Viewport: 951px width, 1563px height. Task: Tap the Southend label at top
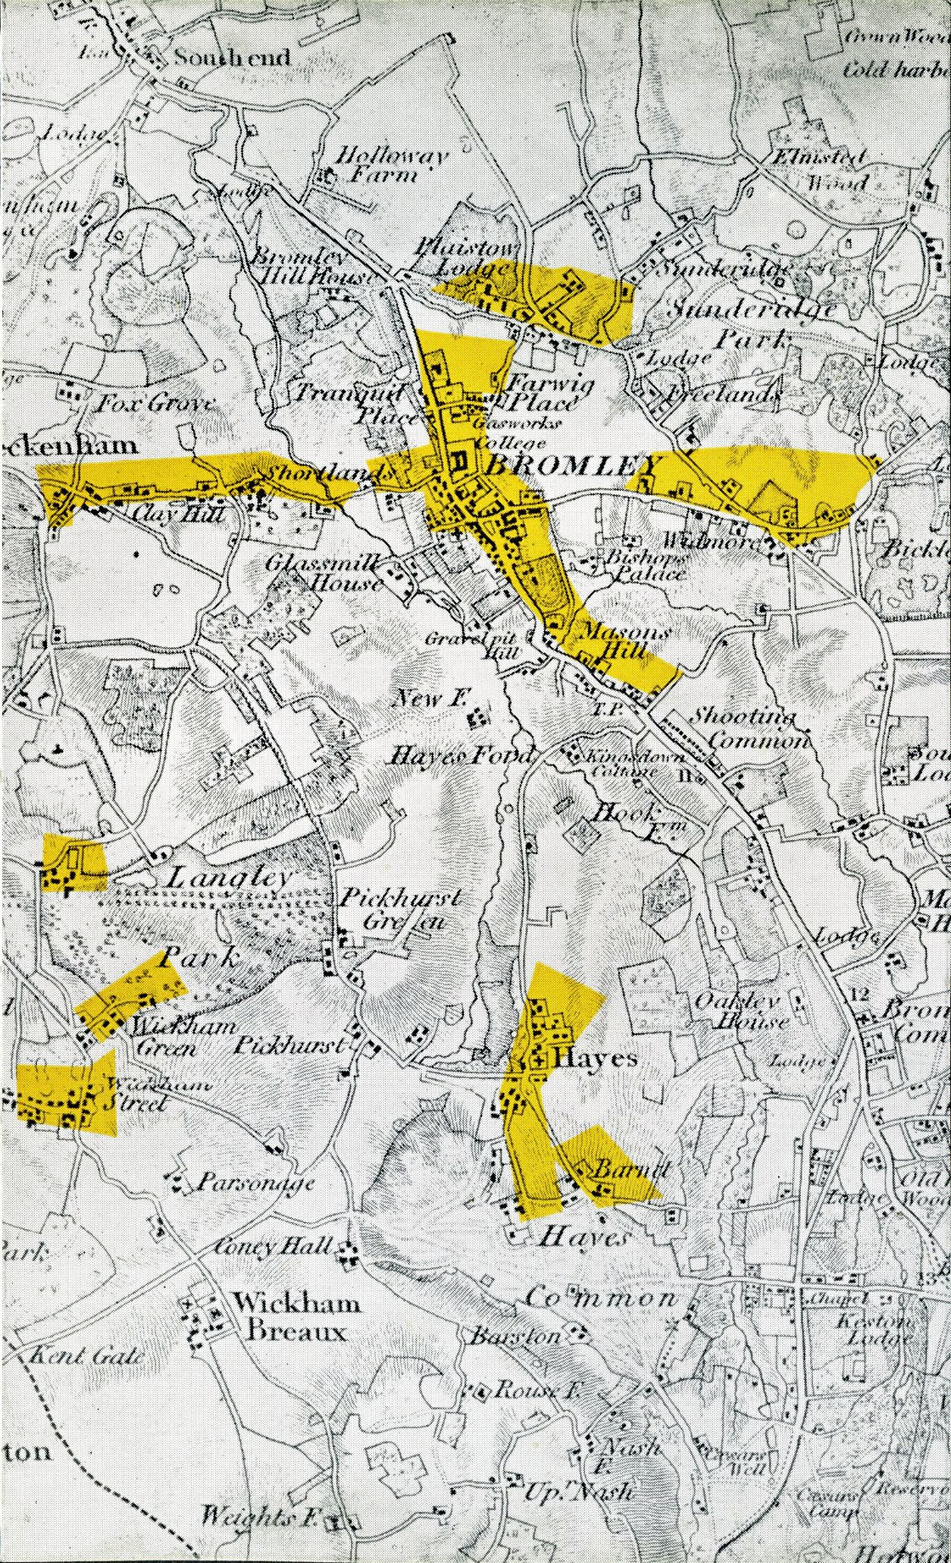click(232, 58)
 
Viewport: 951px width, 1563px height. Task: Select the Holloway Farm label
click(391, 166)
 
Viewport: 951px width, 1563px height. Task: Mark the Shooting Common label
click(746, 728)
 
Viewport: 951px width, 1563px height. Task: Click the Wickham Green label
click(164, 1038)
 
